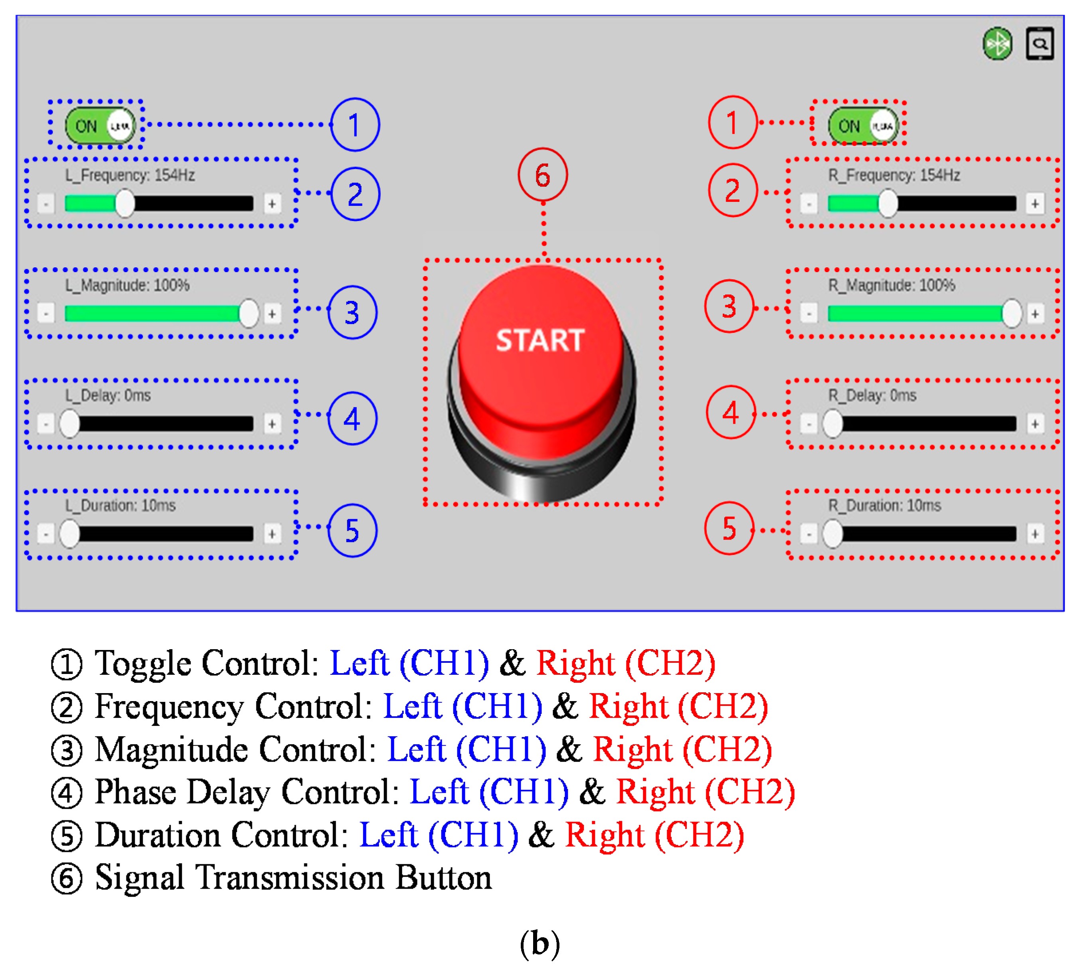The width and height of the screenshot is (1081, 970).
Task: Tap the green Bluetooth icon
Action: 997,44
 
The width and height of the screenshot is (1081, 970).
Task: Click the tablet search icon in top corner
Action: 1040,44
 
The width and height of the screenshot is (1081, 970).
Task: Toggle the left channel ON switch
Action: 100,126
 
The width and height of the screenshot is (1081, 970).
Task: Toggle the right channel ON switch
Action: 862,126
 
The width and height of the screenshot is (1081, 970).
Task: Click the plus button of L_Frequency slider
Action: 272,203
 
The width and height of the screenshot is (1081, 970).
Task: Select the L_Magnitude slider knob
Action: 248,313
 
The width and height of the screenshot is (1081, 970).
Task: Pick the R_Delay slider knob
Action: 832,424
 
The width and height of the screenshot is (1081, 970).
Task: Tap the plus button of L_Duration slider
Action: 272,533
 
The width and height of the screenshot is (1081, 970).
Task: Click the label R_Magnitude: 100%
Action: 892,285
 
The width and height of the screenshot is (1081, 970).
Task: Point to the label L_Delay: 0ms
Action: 108,395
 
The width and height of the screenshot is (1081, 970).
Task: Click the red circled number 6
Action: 543,175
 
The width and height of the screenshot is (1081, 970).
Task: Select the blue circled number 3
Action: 352,312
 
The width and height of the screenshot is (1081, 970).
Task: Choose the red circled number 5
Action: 729,528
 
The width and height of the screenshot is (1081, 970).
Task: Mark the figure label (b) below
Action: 540,944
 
